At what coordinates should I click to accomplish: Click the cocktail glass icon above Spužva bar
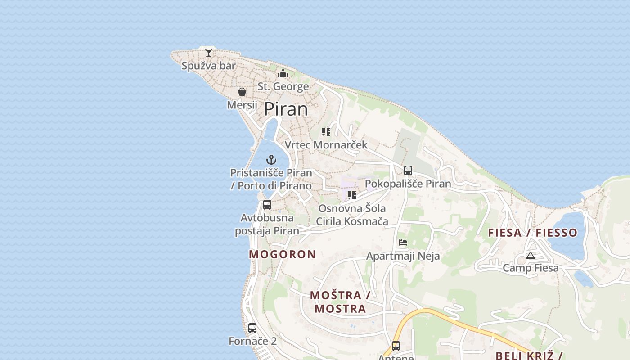(x=209, y=52)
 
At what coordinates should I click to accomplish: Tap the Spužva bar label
(x=209, y=66)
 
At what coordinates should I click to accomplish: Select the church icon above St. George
(x=283, y=73)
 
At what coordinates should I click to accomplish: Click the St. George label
(x=283, y=86)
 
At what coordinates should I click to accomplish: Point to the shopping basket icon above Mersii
(x=242, y=92)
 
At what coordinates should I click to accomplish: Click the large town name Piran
(x=286, y=109)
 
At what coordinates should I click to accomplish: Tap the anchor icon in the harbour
(x=271, y=159)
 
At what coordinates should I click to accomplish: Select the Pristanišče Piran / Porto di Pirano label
(x=271, y=179)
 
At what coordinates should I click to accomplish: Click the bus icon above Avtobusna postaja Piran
(x=267, y=205)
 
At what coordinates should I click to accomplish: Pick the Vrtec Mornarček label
(x=326, y=145)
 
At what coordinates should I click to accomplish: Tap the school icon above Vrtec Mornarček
(x=326, y=132)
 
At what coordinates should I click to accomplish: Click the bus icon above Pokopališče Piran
(x=408, y=171)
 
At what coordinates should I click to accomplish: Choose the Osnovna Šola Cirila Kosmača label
(x=352, y=215)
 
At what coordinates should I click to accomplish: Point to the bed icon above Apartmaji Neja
(x=403, y=243)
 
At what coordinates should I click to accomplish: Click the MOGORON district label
(x=283, y=254)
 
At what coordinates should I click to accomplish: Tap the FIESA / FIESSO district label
(x=533, y=233)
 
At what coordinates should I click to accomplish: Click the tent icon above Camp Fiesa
(x=531, y=256)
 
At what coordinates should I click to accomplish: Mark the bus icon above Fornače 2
(x=252, y=328)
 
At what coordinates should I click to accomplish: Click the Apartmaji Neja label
(x=403, y=256)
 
